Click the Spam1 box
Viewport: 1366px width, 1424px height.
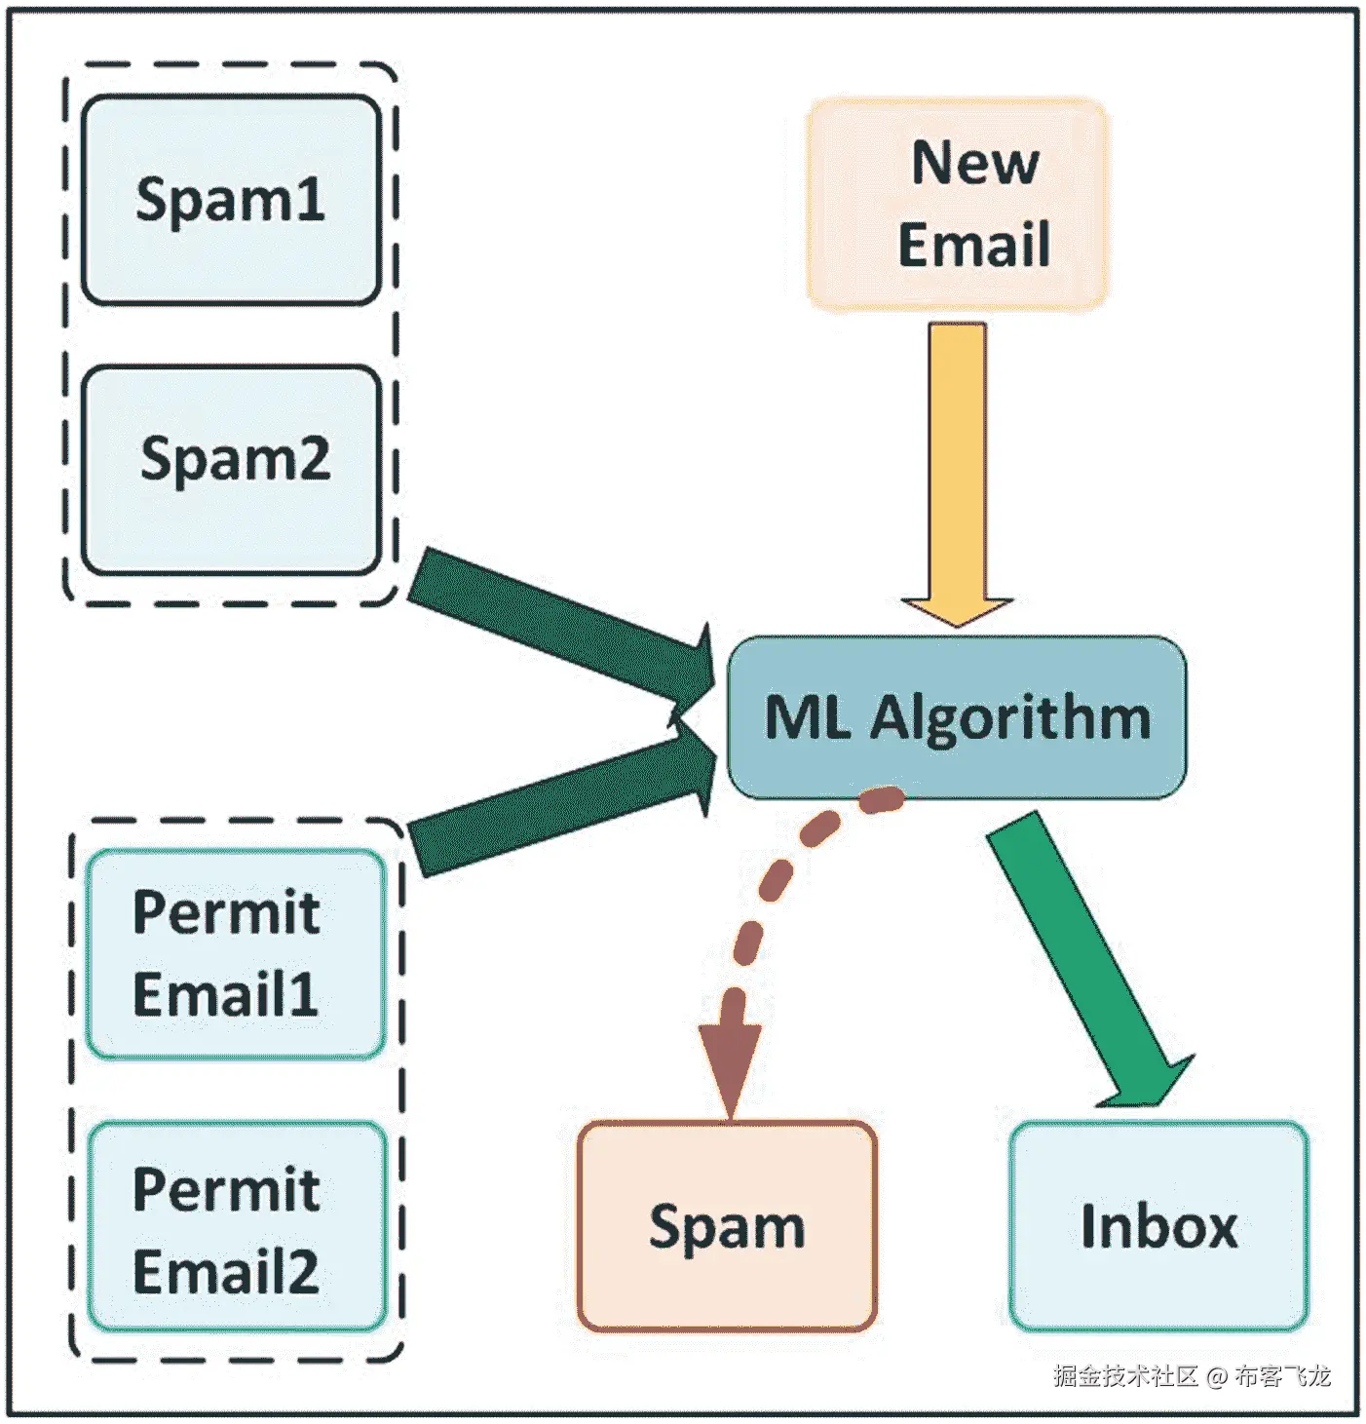point(231,200)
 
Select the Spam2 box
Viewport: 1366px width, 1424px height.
point(231,469)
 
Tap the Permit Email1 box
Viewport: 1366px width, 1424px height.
point(235,954)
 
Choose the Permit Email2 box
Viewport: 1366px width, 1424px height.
point(237,1227)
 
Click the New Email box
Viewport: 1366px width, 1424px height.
point(957,205)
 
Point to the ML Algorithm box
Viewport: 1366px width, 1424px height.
point(957,717)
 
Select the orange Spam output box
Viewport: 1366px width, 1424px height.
point(727,1226)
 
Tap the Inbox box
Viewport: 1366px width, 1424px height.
point(1158,1226)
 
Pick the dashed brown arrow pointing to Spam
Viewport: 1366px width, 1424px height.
point(770,906)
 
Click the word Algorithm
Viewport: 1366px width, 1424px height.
point(1010,719)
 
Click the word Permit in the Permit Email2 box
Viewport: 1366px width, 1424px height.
point(226,1189)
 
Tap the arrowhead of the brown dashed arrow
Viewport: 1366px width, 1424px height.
point(730,1067)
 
